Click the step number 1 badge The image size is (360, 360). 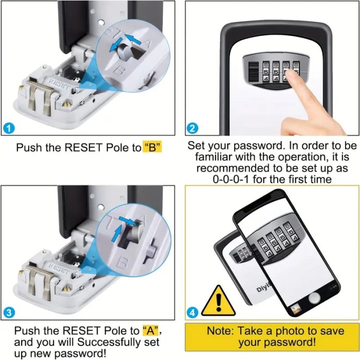(x=9, y=129)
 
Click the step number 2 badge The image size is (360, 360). (x=192, y=129)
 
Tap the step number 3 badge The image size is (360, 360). (x=9, y=313)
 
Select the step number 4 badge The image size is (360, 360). (x=192, y=313)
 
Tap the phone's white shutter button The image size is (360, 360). (x=314, y=298)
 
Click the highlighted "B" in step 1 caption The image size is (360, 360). (x=152, y=147)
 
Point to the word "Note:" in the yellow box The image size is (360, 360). (x=220, y=331)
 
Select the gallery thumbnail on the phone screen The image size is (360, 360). (x=295, y=309)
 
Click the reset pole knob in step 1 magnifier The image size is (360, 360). (x=123, y=49)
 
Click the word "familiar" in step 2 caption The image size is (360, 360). (x=213, y=157)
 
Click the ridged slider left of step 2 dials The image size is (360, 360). (x=253, y=71)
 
